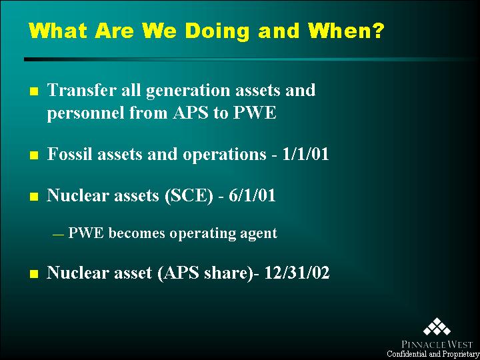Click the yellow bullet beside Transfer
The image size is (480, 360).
pos(34,91)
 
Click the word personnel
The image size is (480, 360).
pos(85,114)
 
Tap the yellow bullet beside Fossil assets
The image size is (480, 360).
pos(34,155)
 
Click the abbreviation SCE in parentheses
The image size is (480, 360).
pos(188,196)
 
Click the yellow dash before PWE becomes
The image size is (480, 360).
pos(58,235)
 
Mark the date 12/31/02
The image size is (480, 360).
pos(296,273)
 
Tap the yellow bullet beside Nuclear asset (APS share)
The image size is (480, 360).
pos(34,274)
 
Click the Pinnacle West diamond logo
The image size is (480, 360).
pos(437,327)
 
